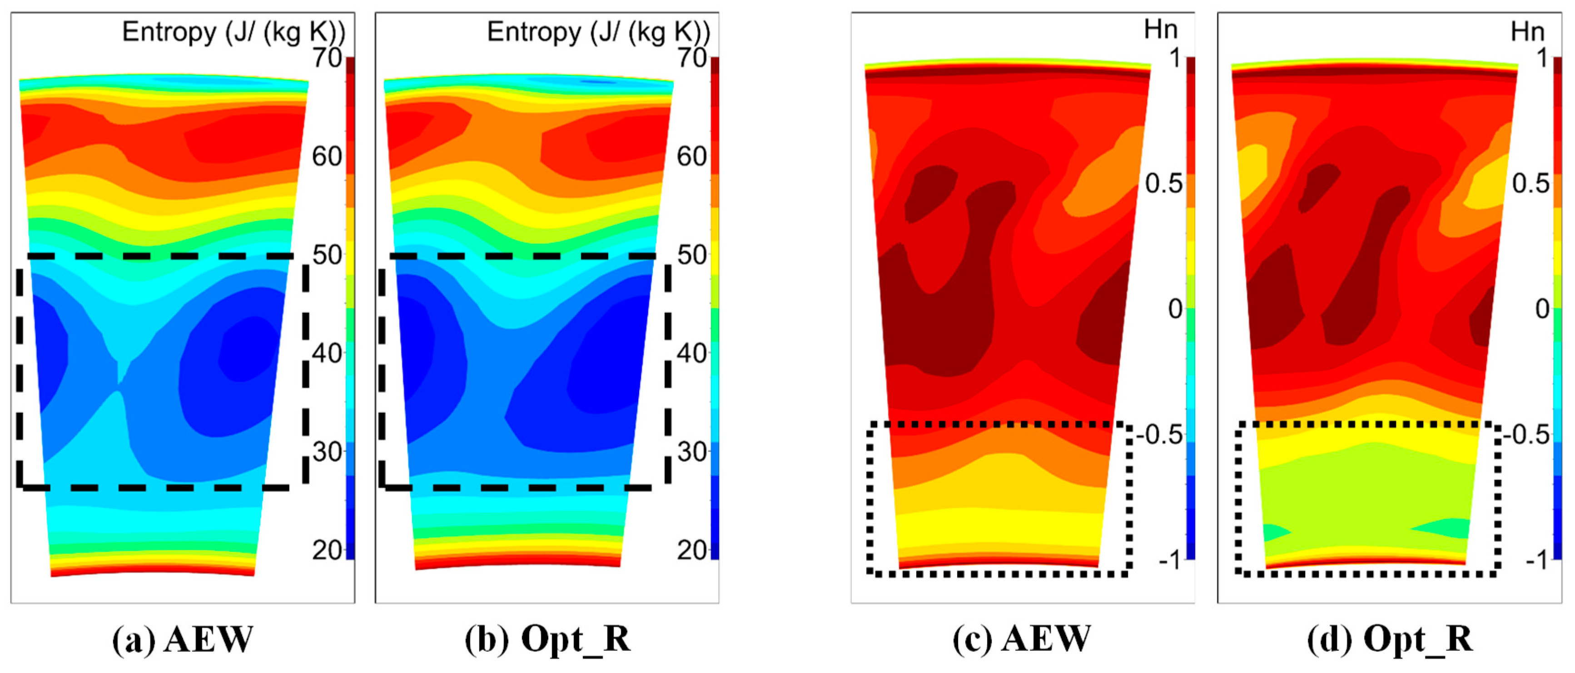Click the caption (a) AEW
(x=182, y=640)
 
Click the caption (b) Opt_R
(x=547, y=640)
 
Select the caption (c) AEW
(x=1022, y=640)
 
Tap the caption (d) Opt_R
(x=1389, y=640)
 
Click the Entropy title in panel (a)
(x=234, y=32)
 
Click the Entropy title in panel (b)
(x=598, y=32)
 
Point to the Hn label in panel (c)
(x=1160, y=30)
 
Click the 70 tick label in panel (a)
(x=327, y=59)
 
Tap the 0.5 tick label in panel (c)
(x=1163, y=184)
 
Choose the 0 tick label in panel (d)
(x=1542, y=309)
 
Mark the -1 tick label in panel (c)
(x=1170, y=560)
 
